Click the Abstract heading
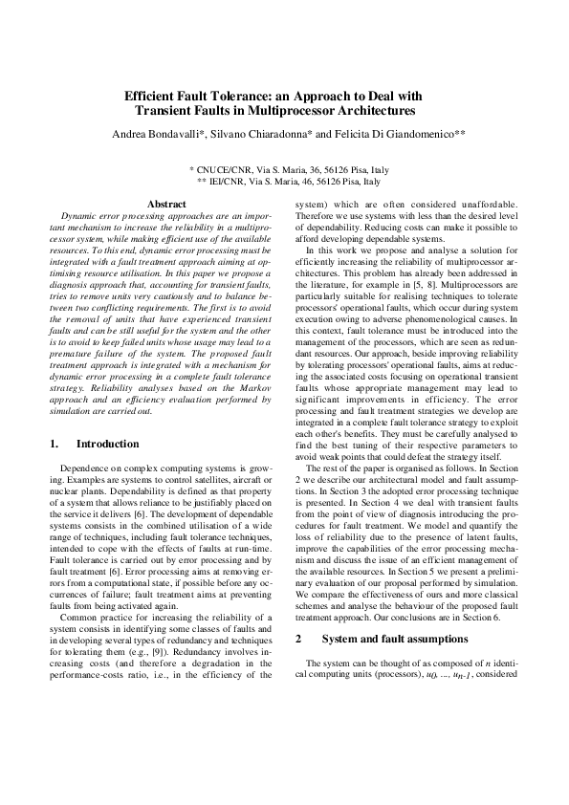click(x=165, y=204)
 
